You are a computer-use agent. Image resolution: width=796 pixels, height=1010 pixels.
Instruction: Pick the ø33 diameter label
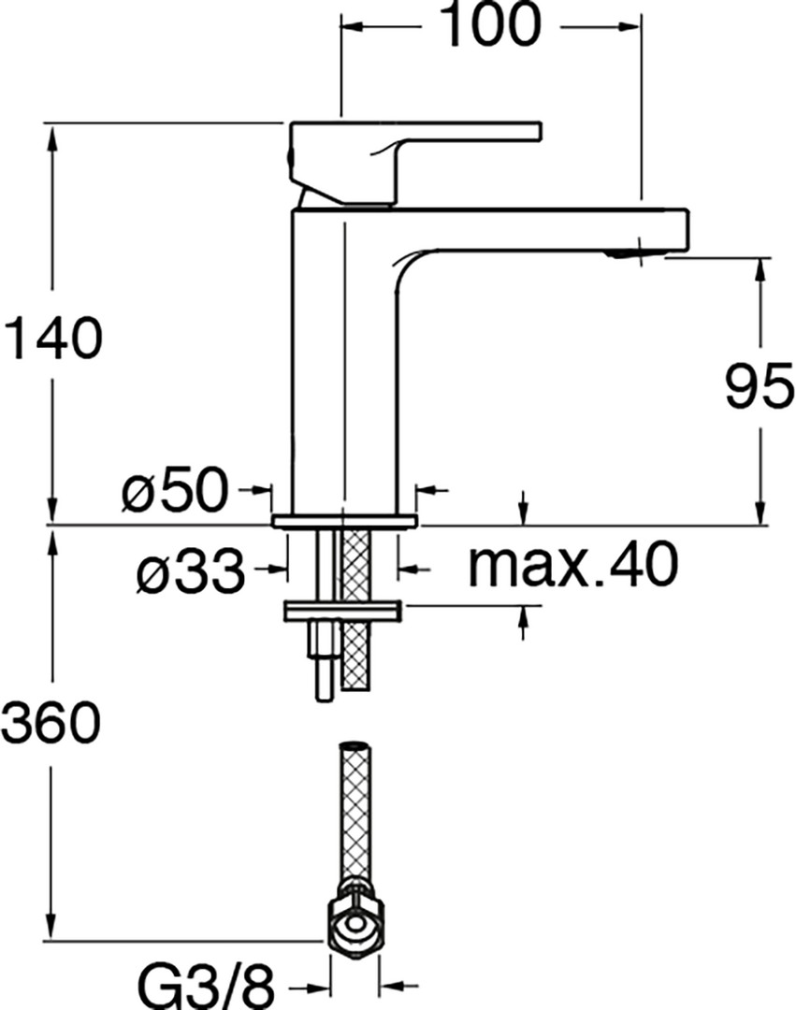click(x=191, y=570)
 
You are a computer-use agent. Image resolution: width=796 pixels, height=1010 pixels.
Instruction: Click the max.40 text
click(x=573, y=565)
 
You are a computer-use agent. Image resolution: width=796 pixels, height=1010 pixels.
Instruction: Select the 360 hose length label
click(x=51, y=722)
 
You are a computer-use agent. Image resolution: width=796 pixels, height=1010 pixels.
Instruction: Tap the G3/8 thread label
click(x=208, y=987)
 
